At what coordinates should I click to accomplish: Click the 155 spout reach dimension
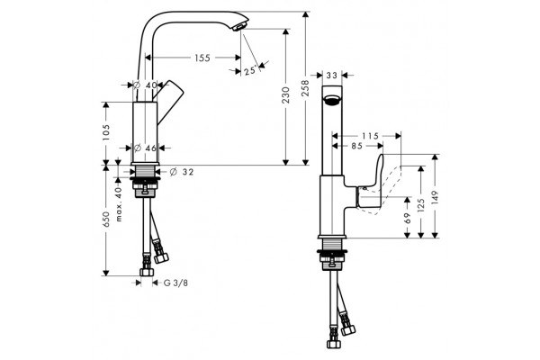pos(202,58)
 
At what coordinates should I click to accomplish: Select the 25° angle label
pos(250,71)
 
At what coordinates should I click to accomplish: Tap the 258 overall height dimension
pos(305,88)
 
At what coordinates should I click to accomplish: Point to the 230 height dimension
pos(285,95)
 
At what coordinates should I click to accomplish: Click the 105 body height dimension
pos(105,132)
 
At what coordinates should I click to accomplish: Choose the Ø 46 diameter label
pos(145,148)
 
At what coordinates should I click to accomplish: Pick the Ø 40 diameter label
pos(145,85)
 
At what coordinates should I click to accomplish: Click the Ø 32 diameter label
pos(182,172)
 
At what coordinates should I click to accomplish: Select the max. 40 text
pos(119,204)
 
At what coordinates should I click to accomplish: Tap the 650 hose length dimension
pos(105,220)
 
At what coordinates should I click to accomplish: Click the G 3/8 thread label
pos(175,283)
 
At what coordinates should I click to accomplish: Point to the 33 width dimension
pos(331,75)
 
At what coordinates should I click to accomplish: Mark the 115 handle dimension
pos(370,136)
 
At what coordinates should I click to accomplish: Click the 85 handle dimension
pos(357,146)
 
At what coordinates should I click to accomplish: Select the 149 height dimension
pos(435,198)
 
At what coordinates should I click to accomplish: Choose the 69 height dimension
pos(408,219)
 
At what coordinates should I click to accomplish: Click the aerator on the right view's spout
pos(332,100)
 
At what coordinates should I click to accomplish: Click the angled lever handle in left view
pos(168,100)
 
